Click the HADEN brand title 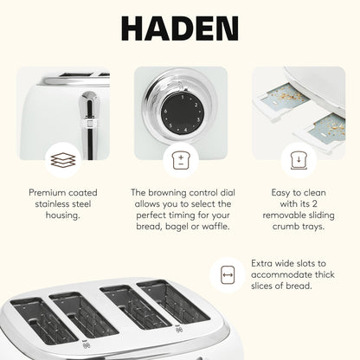coord(179,29)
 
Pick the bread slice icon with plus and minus coord(179,160)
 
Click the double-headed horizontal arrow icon coord(228,275)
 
